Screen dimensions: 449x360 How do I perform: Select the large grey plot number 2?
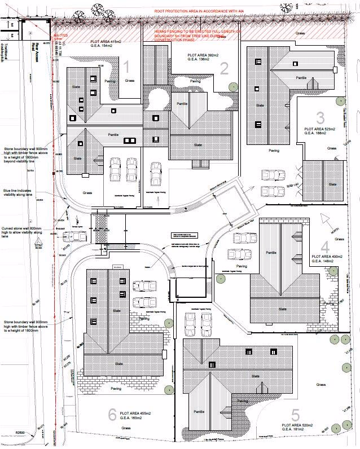pos(224,69)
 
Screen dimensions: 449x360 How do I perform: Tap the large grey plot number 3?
pos(321,118)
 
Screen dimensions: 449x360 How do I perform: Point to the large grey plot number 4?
pos(324,246)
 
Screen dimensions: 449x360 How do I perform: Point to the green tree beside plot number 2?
pos(232,86)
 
